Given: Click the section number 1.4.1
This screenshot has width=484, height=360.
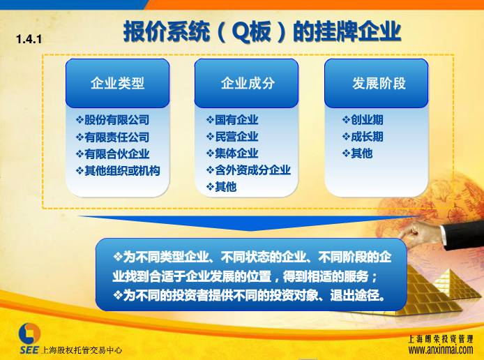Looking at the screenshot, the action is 29,39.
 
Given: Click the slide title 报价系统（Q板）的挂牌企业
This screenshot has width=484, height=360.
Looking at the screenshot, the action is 262,31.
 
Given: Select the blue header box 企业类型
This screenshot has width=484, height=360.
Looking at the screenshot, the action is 118,83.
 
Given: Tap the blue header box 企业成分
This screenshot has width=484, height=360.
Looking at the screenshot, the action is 246,83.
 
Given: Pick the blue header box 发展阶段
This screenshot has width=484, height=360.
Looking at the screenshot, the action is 377,83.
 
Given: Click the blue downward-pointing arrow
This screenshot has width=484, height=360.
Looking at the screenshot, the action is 250,222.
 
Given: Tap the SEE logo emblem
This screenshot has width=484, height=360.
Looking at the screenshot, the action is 29,333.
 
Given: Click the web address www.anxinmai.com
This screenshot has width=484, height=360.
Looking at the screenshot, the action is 441,350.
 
